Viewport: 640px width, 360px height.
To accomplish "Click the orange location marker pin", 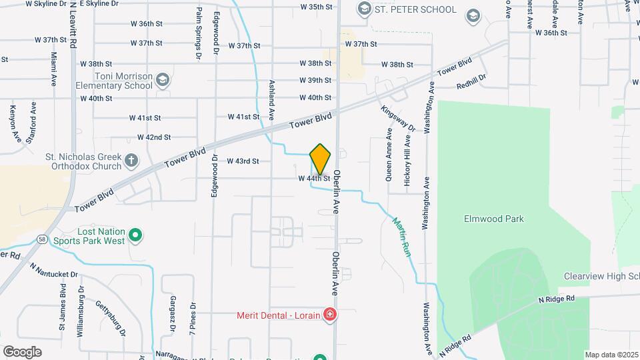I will [x=320, y=159].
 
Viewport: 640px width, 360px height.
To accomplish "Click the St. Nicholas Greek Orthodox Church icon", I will [x=131, y=160].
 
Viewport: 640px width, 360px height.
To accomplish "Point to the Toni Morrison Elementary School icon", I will [x=162, y=81].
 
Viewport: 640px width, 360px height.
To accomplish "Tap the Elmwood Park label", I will [x=493, y=219].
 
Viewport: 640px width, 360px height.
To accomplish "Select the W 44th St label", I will [x=314, y=179].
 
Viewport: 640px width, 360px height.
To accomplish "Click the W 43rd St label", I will [x=243, y=161].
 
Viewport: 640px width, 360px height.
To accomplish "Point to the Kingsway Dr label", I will [x=398, y=118].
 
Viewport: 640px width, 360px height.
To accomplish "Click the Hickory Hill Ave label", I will [x=407, y=161].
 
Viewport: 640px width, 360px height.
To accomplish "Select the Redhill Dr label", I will [x=471, y=81].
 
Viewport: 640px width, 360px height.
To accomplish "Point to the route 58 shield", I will [x=42, y=239].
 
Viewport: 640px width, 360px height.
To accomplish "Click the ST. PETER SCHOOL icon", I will [x=364, y=9].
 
